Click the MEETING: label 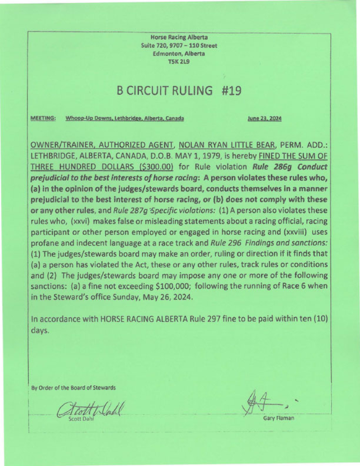click(43, 119)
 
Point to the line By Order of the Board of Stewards click(74, 388)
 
